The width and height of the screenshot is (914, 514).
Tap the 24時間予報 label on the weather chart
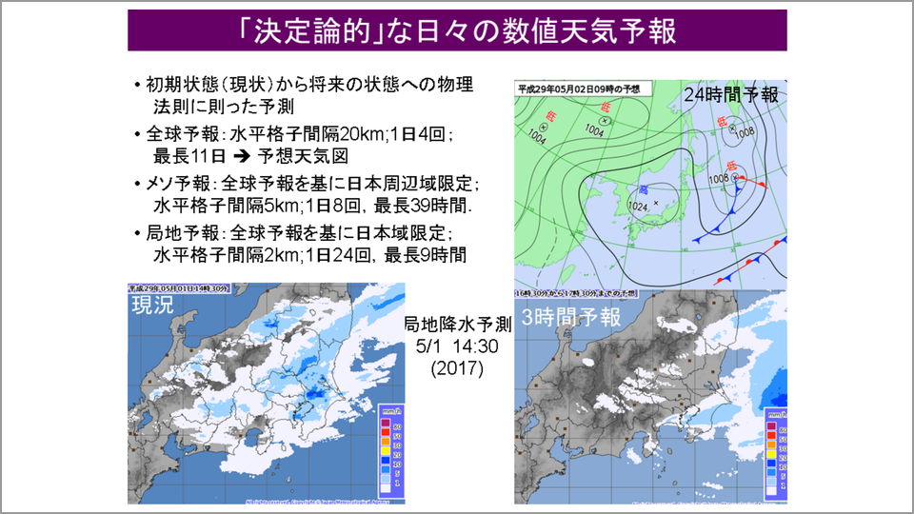[730, 94]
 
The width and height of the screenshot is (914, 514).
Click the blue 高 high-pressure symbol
[645, 189]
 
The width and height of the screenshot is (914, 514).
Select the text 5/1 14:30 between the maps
[458, 344]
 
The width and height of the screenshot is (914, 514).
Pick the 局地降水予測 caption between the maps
[458, 323]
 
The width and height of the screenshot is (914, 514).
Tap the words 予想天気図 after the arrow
[294, 156]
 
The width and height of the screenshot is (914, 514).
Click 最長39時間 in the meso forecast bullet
[417, 206]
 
